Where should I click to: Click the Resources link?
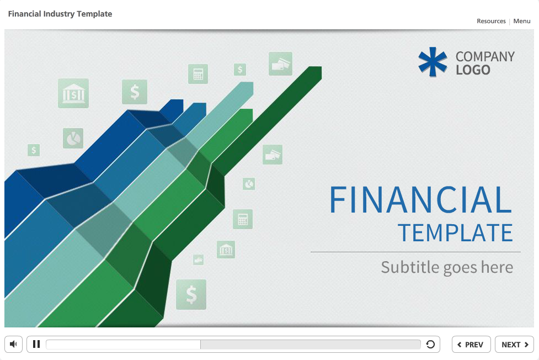(x=491, y=21)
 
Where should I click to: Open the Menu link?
(x=521, y=21)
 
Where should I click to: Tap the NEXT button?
(x=514, y=345)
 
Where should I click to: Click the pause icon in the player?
(x=36, y=345)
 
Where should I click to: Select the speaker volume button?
(x=14, y=345)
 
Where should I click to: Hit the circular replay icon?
(x=430, y=345)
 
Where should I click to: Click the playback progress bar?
(x=233, y=345)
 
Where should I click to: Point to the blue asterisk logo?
(x=433, y=61)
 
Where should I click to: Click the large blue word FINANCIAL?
(x=420, y=200)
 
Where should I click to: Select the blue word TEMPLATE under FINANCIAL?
(x=455, y=233)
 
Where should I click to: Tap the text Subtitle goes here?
(x=447, y=267)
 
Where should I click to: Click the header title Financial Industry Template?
(x=60, y=14)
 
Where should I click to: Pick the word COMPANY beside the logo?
(x=485, y=56)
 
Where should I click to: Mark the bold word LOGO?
(x=473, y=70)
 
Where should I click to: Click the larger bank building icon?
(x=73, y=93)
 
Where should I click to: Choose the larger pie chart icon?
(x=73, y=138)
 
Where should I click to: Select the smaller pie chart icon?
(x=249, y=183)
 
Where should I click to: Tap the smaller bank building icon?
(x=226, y=250)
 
